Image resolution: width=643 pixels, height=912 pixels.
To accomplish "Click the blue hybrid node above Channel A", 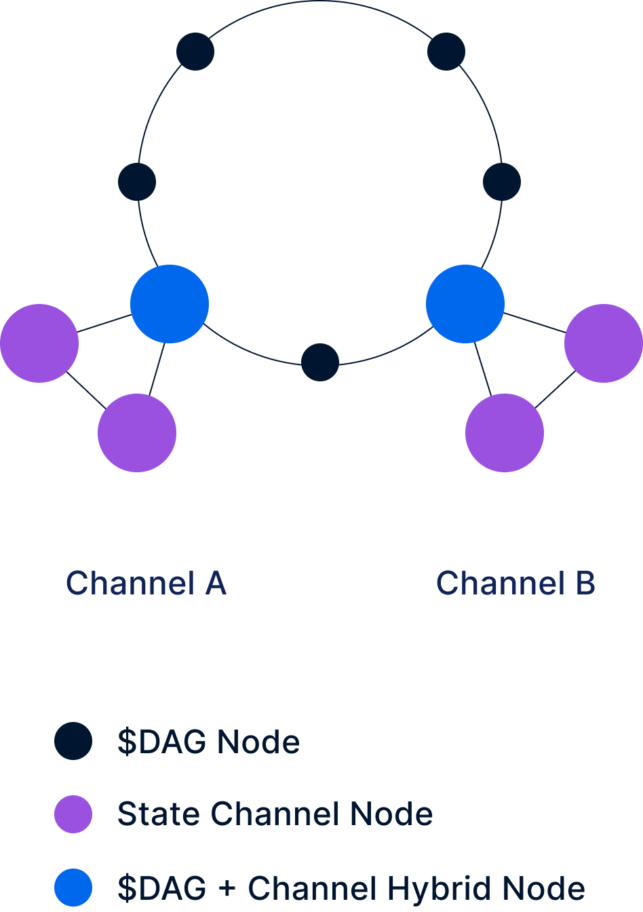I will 170,304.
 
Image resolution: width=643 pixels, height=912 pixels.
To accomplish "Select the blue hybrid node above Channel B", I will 465,304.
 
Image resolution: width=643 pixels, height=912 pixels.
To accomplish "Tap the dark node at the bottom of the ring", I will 320,362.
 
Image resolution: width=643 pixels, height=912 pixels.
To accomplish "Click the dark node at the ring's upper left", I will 195,51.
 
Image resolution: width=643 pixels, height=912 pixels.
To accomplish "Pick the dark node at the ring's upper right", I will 446,51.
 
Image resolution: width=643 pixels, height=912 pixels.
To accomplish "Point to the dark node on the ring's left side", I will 137,182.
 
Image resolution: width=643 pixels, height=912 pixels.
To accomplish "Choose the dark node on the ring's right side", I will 502,182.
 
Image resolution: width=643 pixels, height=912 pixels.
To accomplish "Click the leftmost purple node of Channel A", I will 39,343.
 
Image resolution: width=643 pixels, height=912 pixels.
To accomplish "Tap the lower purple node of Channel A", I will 137,433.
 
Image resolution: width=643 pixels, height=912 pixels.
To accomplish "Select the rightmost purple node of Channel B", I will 604,343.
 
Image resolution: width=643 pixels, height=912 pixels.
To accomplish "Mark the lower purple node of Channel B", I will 505,433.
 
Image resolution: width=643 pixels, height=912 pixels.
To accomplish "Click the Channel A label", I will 146,584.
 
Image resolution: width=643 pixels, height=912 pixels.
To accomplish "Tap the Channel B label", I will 515,584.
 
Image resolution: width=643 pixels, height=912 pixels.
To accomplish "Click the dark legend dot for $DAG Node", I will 73,741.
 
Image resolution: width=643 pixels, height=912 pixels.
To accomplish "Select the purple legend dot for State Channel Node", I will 73,814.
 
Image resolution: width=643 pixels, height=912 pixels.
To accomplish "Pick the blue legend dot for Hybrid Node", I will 73,888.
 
